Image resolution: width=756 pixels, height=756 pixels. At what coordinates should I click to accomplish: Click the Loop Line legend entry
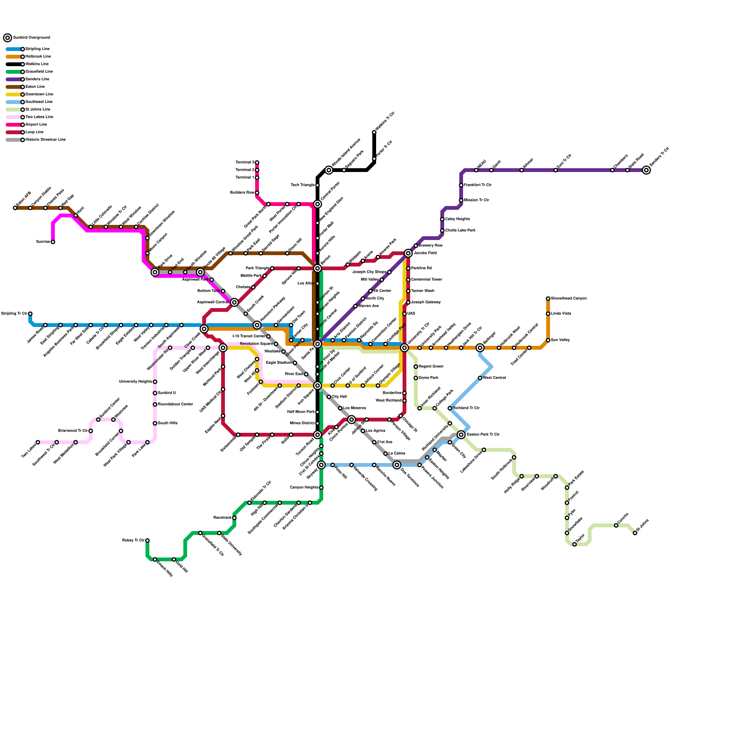[34, 132]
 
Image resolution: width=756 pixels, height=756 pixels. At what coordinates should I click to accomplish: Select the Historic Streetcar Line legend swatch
[13, 140]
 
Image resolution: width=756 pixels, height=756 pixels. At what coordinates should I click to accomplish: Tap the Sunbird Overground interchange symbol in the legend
[8, 38]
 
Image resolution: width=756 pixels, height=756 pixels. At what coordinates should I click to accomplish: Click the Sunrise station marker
[53, 242]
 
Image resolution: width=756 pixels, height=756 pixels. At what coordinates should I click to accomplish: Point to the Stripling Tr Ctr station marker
[30, 314]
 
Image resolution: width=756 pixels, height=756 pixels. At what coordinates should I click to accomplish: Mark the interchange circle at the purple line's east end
[646, 170]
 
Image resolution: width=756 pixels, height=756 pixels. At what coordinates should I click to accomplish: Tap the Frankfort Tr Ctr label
[478, 185]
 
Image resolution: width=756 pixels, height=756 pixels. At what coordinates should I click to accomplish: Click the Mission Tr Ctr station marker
[461, 200]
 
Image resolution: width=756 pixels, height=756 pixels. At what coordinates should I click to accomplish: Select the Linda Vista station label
[561, 314]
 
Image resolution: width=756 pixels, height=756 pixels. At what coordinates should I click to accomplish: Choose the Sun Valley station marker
[548, 340]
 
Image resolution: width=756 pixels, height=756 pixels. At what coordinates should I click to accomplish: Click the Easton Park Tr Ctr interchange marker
[461, 435]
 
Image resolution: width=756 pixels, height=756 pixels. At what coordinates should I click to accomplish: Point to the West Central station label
[494, 378]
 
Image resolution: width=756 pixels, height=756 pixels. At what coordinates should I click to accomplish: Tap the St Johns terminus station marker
[635, 533]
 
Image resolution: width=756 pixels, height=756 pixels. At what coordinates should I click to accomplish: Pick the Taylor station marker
[575, 544]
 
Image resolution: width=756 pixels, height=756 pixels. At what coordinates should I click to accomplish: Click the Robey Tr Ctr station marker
[147, 541]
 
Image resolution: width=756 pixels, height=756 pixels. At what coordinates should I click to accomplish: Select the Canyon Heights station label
[304, 488]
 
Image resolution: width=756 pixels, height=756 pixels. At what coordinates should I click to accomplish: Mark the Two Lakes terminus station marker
[38, 442]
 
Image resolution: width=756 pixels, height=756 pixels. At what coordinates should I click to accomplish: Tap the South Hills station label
[168, 423]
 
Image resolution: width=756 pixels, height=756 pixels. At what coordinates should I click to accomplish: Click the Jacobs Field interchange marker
[408, 253]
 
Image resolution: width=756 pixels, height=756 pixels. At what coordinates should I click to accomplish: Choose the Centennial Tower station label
[426, 280]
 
